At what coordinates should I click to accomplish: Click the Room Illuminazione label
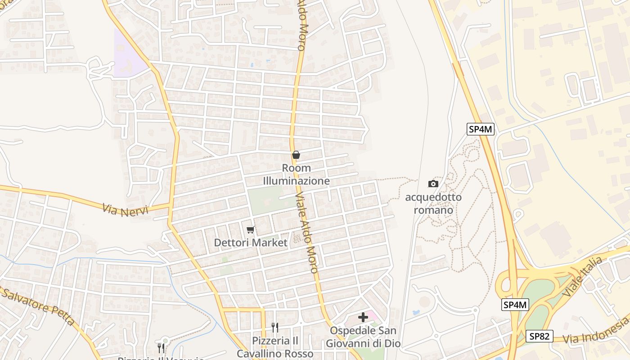click(296, 175)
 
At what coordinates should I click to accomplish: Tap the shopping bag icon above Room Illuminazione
click(296, 155)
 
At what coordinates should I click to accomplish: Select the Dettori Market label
click(250, 243)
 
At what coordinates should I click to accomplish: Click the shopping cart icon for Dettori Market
click(251, 230)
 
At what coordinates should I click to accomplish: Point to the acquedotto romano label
click(433, 203)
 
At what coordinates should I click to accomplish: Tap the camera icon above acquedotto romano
click(433, 184)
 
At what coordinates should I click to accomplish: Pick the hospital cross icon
click(363, 317)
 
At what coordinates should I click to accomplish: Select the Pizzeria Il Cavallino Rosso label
click(275, 347)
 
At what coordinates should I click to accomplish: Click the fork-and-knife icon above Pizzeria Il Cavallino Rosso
click(274, 328)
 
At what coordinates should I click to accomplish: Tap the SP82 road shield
click(539, 336)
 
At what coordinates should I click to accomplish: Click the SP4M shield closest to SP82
click(515, 305)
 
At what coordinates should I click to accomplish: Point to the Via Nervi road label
click(125, 210)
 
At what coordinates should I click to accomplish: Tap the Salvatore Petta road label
click(38, 306)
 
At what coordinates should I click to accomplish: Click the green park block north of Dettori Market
click(265, 201)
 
